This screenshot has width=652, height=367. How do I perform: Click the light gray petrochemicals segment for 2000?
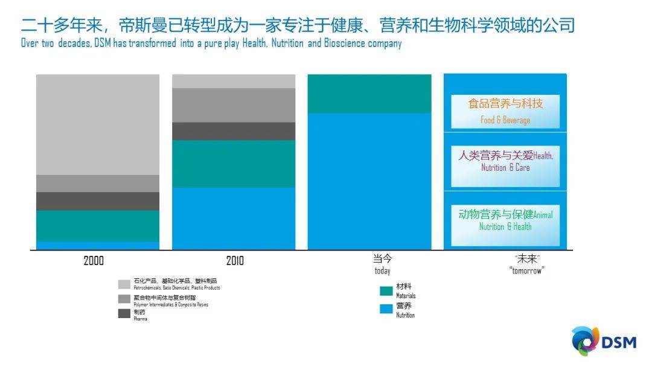point(98,124)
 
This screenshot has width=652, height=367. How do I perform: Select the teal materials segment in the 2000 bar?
point(98,226)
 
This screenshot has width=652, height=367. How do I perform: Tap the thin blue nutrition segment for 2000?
point(98,246)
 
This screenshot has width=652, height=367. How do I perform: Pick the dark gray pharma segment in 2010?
point(234,131)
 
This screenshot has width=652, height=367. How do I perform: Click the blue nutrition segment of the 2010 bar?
point(234,218)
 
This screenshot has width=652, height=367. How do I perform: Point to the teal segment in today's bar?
point(369,94)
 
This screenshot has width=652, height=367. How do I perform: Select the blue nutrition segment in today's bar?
point(369,181)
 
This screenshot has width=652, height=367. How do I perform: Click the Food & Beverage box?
point(505,111)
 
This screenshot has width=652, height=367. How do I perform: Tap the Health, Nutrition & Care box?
point(505,161)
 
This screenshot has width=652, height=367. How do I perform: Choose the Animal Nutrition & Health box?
point(505,220)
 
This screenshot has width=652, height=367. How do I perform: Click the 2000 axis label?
point(94,261)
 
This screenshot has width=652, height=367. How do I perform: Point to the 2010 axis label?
point(235,261)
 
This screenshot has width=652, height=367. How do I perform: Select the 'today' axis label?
point(382,264)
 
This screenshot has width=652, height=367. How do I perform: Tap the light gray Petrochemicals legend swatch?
point(124,284)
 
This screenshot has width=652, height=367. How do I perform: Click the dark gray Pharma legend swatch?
point(124,313)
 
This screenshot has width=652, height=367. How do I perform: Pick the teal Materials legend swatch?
point(386,291)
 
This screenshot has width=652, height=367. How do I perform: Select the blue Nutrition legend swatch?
point(386,309)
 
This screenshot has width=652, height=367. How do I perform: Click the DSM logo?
point(604,341)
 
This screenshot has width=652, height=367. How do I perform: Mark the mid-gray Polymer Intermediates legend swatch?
point(124,299)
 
